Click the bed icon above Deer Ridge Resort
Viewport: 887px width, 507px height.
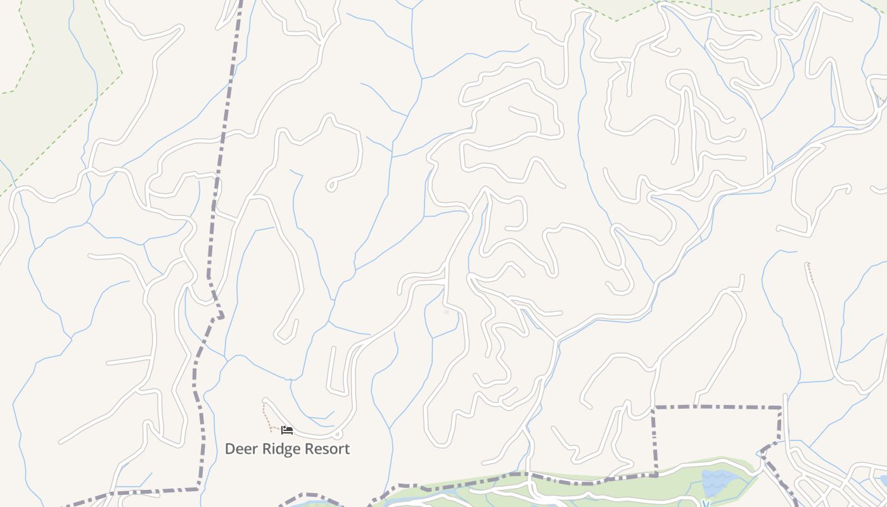pyautogui.click(x=287, y=430)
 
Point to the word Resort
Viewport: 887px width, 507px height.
pyautogui.click(x=327, y=449)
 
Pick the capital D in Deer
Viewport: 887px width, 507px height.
pyautogui.click(x=230, y=449)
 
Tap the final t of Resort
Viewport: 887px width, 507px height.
pyautogui.click(x=347, y=449)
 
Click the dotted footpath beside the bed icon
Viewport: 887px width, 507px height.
pyautogui.click(x=266, y=415)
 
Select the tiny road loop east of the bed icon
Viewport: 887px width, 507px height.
pyautogui.click(x=338, y=435)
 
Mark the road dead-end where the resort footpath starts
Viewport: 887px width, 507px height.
pyautogui.click(x=265, y=401)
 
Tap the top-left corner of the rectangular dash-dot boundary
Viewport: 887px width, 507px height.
pyautogui.click(x=654, y=407)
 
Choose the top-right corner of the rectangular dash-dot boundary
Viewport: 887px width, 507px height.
pyautogui.click(x=780, y=408)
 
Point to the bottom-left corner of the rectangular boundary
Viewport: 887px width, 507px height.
pyautogui.click(x=656, y=473)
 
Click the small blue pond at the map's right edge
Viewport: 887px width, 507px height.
pyautogui.click(x=883, y=480)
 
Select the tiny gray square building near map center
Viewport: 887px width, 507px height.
pyautogui.click(x=447, y=312)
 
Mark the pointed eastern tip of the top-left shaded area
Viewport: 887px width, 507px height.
pyautogui.click(x=122, y=73)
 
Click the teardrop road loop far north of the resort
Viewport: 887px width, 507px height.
pyautogui.click(x=331, y=186)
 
